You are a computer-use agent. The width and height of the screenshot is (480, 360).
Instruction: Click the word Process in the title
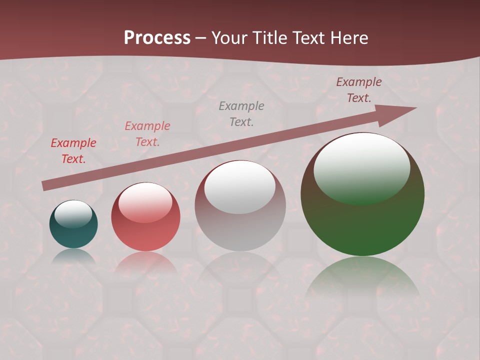pyautogui.click(x=157, y=38)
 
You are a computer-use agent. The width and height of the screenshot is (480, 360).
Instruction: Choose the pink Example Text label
pyautogui.click(x=147, y=134)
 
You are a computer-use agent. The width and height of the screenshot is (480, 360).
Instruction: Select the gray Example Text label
pyautogui.click(x=241, y=113)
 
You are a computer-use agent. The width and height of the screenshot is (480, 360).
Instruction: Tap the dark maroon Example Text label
pyautogui.click(x=358, y=90)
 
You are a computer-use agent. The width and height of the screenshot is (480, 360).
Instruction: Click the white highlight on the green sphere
pyautogui.click(x=362, y=167)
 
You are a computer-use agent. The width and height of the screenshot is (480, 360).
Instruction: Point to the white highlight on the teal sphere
pyautogui.click(x=73, y=213)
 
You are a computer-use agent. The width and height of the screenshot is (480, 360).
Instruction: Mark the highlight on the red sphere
pyautogui.click(x=145, y=202)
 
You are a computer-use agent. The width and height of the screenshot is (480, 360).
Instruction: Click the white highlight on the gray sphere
pyautogui.click(x=240, y=187)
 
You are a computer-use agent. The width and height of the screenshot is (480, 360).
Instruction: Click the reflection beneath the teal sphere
pyautogui.click(x=73, y=256)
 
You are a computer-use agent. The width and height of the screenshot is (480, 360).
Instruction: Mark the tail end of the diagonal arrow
pyautogui.click(x=45, y=185)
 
